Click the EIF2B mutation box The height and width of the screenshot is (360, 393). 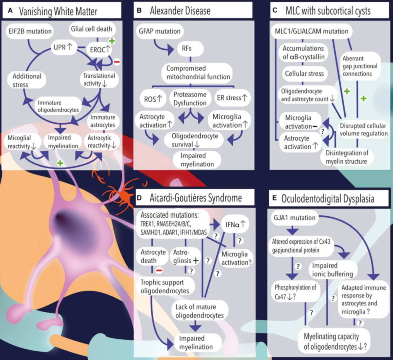click(30, 31)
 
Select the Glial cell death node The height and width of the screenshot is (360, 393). click(91, 29)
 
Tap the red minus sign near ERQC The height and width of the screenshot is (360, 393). click(117, 62)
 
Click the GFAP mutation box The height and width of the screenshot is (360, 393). click(160, 31)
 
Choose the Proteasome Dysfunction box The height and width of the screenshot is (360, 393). click(190, 99)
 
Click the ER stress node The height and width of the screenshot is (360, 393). click(232, 98)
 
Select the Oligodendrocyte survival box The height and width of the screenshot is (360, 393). click(195, 140)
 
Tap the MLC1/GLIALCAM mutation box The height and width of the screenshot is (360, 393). click(312, 31)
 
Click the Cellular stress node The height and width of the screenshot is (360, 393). click(304, 74)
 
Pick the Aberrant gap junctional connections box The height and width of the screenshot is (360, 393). click(360, 66)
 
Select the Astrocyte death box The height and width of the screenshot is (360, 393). click(153, 256)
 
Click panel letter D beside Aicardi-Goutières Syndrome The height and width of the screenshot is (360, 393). click(139, 198)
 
